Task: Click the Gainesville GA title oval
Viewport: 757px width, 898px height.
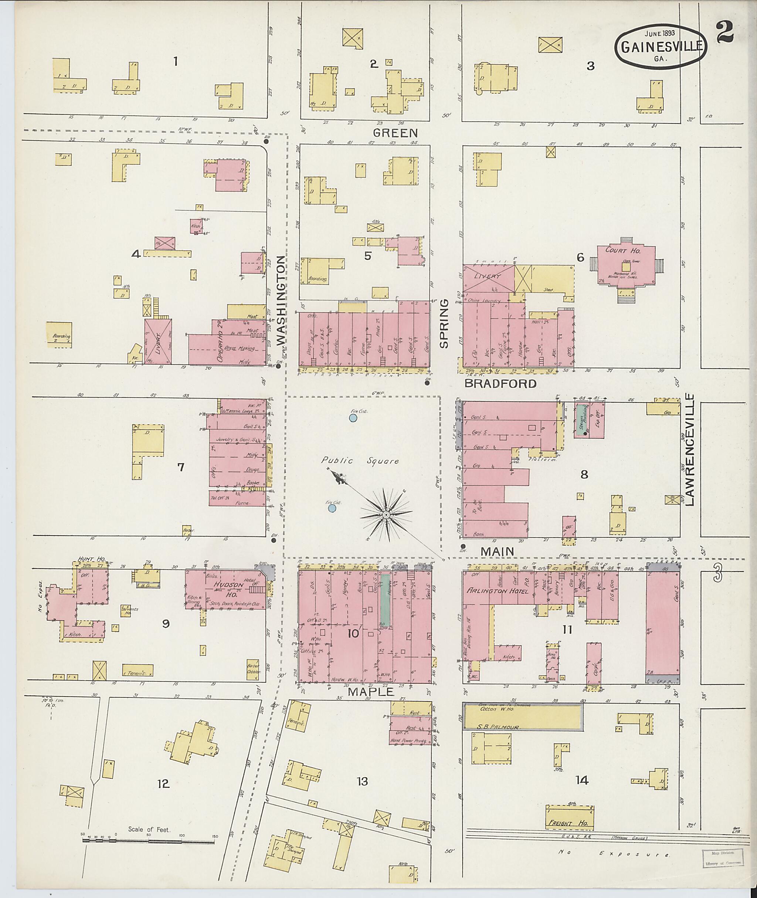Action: tap(661, 46)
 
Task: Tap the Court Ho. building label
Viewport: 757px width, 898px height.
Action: tap(623, 250)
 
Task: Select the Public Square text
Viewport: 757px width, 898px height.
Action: tap(360, 461)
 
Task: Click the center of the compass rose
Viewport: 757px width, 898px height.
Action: tap(386, 514)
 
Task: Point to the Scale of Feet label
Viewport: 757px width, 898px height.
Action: tap(149, 829)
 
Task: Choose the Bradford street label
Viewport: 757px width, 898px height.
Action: tap(500, 383)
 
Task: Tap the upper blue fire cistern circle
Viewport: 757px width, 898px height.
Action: tap(353, 418)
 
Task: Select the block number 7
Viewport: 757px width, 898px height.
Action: tap(181, 467)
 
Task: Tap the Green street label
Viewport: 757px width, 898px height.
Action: tap(395, 133)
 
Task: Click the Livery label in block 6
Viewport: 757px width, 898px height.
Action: tap(487, 276)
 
